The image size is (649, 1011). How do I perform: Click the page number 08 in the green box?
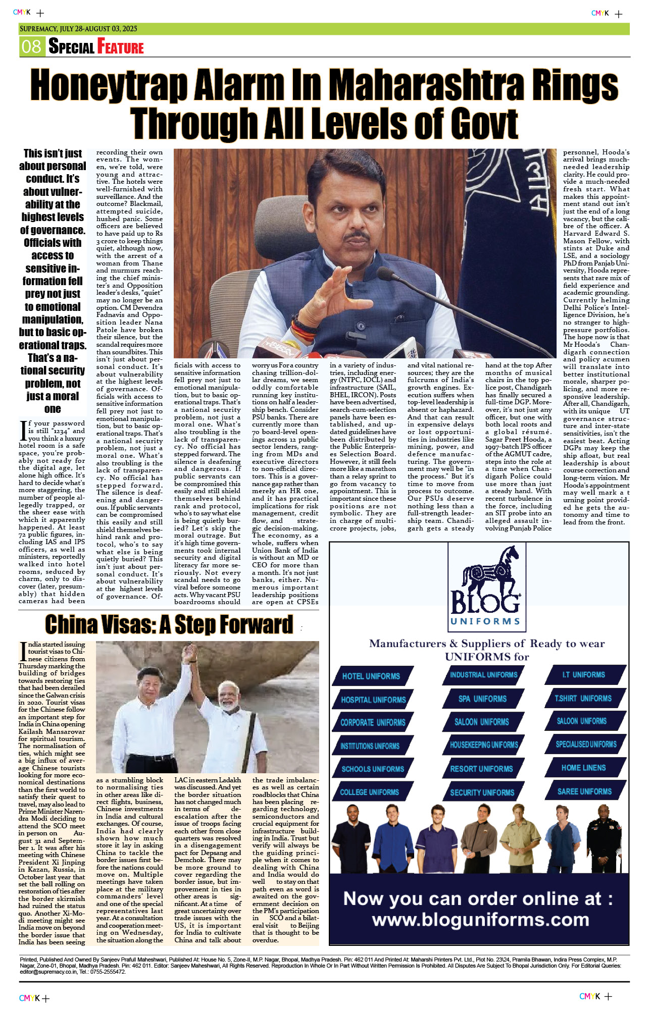point(31,46)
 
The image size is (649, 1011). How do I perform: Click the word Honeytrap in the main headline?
point(109,85)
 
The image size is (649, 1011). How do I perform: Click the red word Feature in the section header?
point(121,47)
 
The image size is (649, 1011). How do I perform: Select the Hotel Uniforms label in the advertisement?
point(371,676)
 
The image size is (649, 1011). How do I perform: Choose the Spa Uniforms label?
point(482,699)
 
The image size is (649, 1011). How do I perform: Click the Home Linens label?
point(583,768)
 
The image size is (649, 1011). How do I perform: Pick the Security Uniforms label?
point(482,792)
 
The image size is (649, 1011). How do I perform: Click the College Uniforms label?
point(369,792)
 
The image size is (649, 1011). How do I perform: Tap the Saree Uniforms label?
point(584,791)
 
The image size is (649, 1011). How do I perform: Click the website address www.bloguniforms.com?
point(480,920)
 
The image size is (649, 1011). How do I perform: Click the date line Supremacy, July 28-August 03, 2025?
point(78,29)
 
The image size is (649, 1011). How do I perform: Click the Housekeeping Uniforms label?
point(484,745)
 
